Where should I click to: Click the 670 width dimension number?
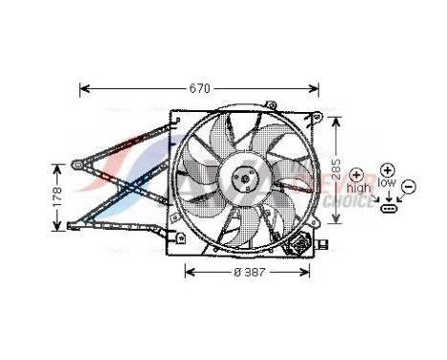(x=198, y=89)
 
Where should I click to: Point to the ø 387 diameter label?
(x=248, y=271)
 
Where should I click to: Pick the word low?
(x=387, y=181)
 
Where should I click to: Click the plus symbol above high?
(x=357, y=176)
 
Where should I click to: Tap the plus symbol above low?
(x=387, y=168)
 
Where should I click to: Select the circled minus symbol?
(x=409, y=186)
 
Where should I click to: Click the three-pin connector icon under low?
(x=389, y=206)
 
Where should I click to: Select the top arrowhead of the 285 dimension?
(x=335, y=121)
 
